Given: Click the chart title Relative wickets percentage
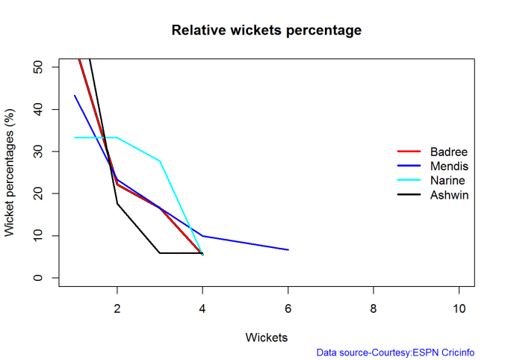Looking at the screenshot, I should click(x=267, y=31).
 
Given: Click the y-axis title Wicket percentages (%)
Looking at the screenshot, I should click(x=10, y=172).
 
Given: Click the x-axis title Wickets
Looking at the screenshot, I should click(x=267, y=337).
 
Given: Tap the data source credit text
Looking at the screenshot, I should click(x=395, y=353).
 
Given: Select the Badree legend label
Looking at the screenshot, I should click(x=448, y=152).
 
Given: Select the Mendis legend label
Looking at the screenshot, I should click(x=449, y=167).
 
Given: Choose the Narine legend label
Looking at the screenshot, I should click(x=447, y=181).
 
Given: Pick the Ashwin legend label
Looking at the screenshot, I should click(x=448, y=195).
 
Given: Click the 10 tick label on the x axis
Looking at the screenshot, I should click(x=459, y=308).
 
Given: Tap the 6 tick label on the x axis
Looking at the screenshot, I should click(x=288, y=308).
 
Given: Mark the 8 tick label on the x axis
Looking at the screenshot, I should click(x=374, y=308).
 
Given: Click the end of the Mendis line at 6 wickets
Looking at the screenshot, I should click(x=288, y=249).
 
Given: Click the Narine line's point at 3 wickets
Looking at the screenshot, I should click(x=160, y=161).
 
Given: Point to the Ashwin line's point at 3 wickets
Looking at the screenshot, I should click(x=160, y=253).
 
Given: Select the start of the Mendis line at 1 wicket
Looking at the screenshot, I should click(x=75, y=96).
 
